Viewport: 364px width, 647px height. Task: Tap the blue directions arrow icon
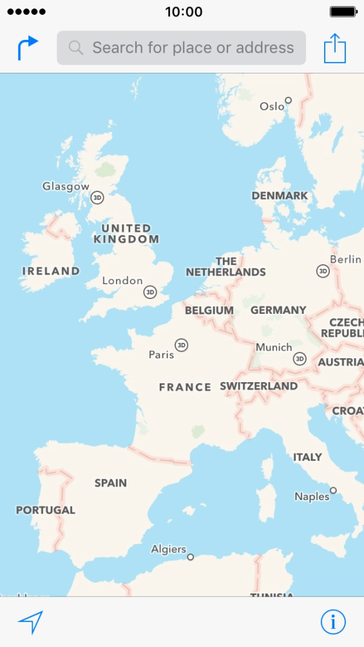pyautogui.click(x=28, y=48)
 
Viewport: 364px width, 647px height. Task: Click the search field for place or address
pyautogui.click(x=181, y=48)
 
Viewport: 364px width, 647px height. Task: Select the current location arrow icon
pyautogui.click(x=30, y=622)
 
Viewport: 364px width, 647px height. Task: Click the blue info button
pyautogui.click(x=333, y=622)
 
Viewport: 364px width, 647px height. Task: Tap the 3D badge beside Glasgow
pyautogui.click(x=97, y=197)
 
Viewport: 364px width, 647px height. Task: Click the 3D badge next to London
pyautogui.click(x=150, y=292)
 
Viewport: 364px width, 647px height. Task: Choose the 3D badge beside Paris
pyautogui.click(x=182, y=345)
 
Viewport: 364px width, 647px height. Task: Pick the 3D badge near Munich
pyautogui.click(x=300, y=358)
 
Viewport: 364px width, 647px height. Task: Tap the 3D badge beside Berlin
pyautogui.click(x=323, y=271)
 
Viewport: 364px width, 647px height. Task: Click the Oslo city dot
pyautogui.click(x=289, y=100)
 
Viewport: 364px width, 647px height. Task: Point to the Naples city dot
pyautogui.click(x=334, y=490)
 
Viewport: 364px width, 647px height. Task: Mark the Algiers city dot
pyautogui.click(x=190, y=557)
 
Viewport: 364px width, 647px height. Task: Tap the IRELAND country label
pyautogui.click(x=51, y=271)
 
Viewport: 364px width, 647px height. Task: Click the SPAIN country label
pyautogui.click(x=111, y=483)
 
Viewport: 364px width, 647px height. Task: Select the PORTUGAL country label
pyautogui.click(x=46, y=510)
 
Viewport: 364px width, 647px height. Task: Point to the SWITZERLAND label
pyautogui.click(x=259, y=386)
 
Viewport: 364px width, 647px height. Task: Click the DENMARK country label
pyautogui.click(x=280, y=195)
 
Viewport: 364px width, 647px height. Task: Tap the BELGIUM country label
pyautogui.click(x=209, y=310)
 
